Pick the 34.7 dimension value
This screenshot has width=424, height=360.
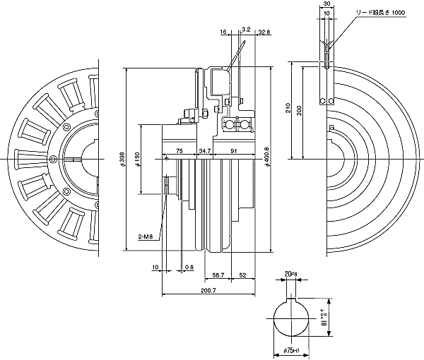coord(205,150)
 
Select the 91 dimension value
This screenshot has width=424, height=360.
coord(233,150)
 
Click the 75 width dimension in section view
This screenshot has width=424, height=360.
coord(179,150)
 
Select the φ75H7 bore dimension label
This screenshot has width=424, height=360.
coord(293,351)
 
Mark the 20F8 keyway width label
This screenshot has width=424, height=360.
coord(291,273)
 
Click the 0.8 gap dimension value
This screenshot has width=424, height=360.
coord(189,266)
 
